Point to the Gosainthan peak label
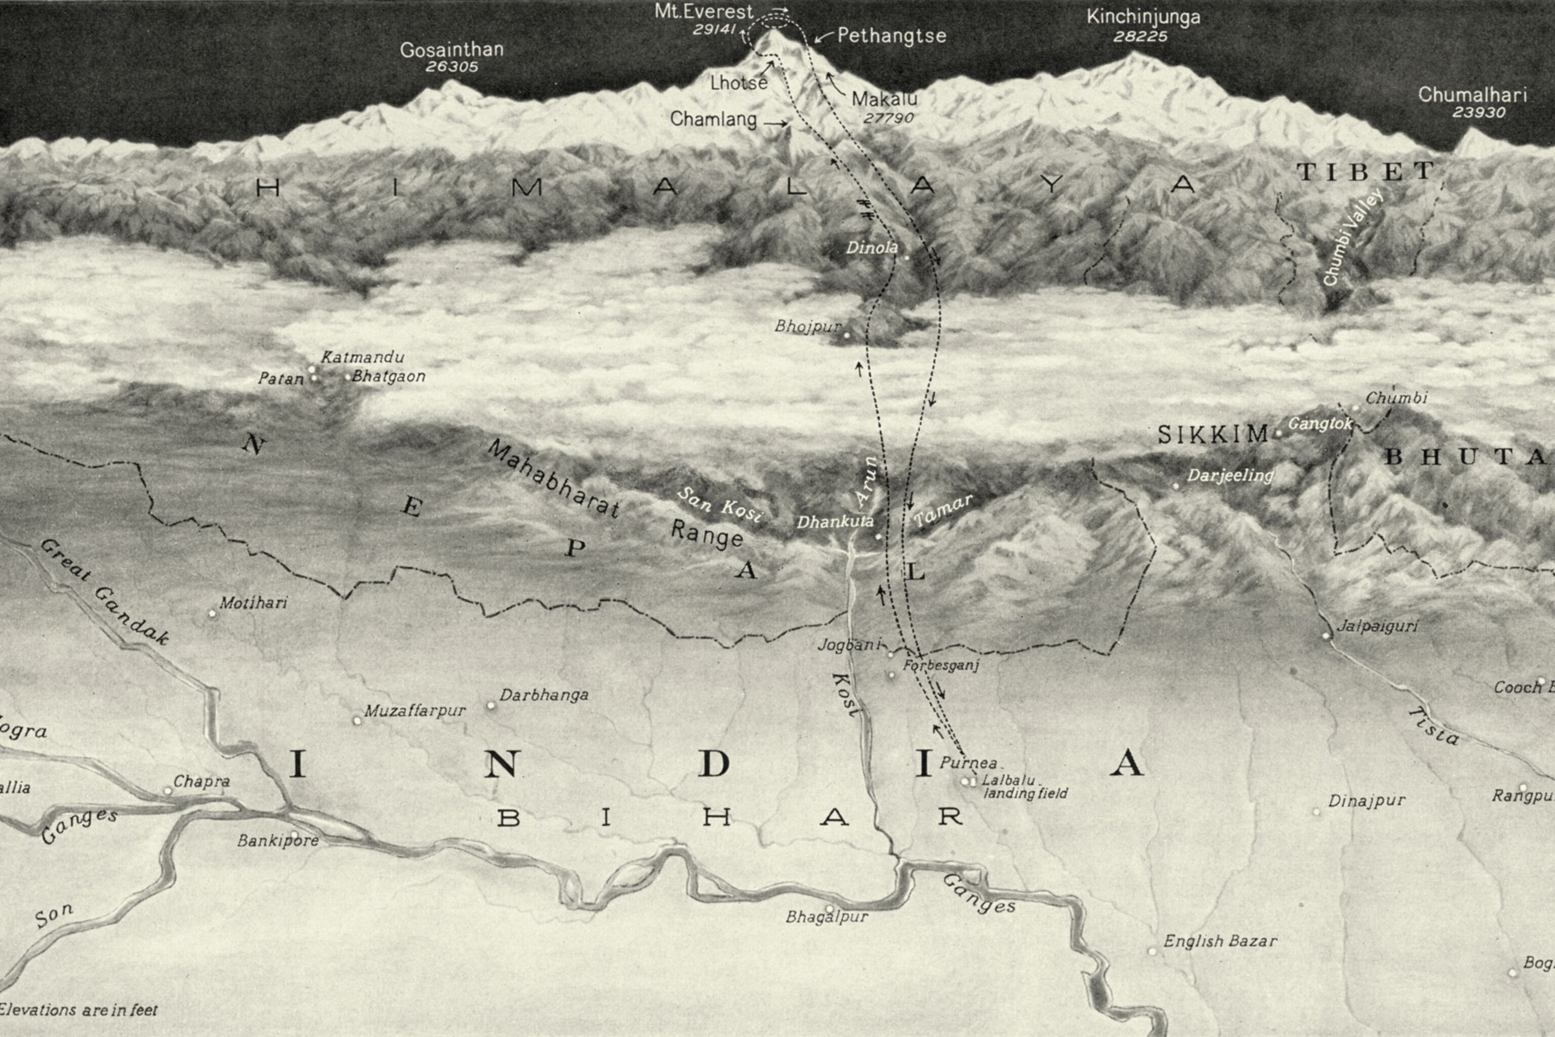pyautogui.click(x=452, y=50)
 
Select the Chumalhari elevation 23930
pyautogui.click(x=1479, y=112)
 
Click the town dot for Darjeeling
pyautogui.click(x=1176, y=486)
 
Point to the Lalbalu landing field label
pyautogui.click(x=1025, y=787)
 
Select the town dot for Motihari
pyautogui.click(x=212, y=613)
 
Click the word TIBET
pyautogui.click(x=1365, y=172)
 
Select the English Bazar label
pyautogui.click(x=1220, y=941)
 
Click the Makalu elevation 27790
pyautogui.click(x=889, y=118)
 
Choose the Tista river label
pyautogui.click(x=1433, y=725)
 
